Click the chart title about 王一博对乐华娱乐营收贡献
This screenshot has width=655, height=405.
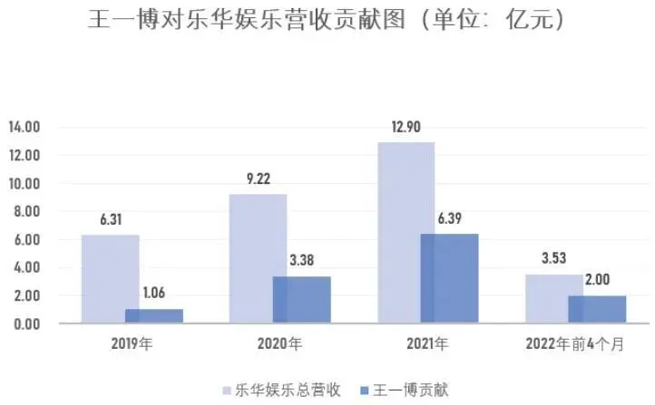tap(328, 21)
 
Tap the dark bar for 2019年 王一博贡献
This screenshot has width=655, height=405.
tap(153, 315)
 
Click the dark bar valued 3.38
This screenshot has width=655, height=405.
tap(301, 299)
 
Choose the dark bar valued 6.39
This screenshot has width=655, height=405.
tap(449, 278)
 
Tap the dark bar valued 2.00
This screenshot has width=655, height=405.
tap(597, 309)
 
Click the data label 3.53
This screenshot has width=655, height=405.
tap(554, 257)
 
